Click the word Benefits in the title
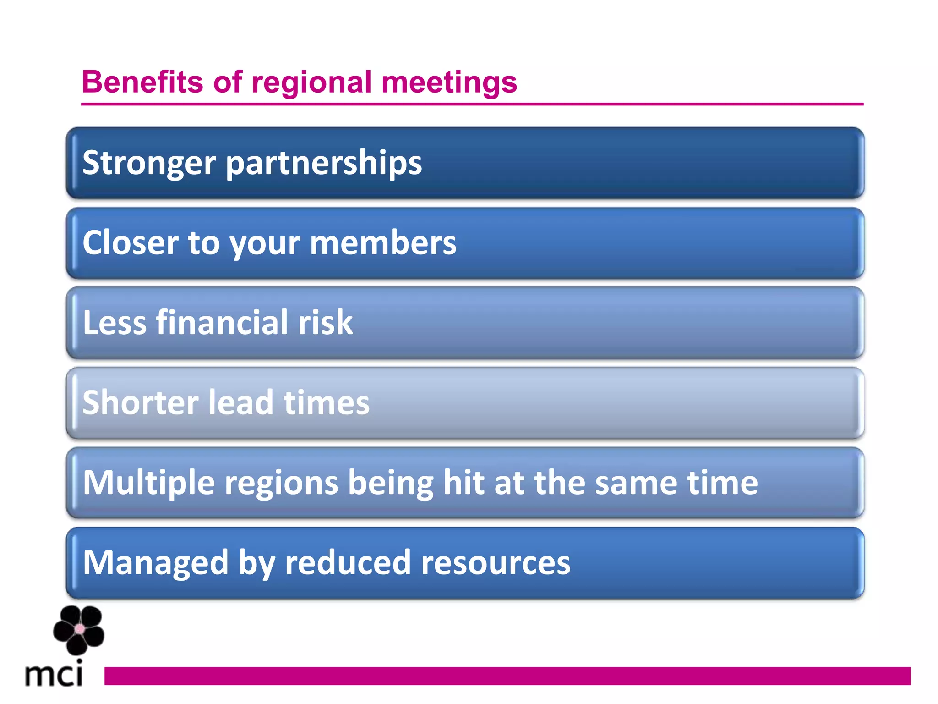click(x=142, y=82)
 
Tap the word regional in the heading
click(x=311, y=83)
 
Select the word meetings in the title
click(x=449, y=83)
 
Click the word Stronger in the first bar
click(x=149, y=163)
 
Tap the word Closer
click(x=131, y=242)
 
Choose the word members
click(x=383, y=242)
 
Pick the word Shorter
click(x=140, y=402)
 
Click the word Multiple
click(x=149, y=483)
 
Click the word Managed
click(x=156, y=563)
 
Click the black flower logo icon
click(x=79, y=630)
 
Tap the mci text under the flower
click(x=54, y=675)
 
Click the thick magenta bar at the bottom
click(x=507, y=676)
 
